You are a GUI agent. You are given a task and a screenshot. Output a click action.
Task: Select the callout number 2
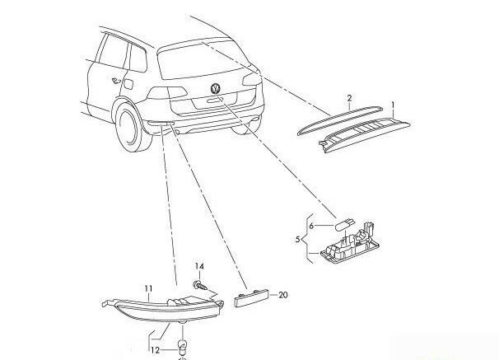(350, 98)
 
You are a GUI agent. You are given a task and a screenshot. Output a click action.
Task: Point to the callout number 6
(312, 224)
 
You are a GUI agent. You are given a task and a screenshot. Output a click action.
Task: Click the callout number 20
(284, 294)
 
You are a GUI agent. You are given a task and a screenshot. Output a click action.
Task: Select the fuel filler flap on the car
(127, 81)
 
